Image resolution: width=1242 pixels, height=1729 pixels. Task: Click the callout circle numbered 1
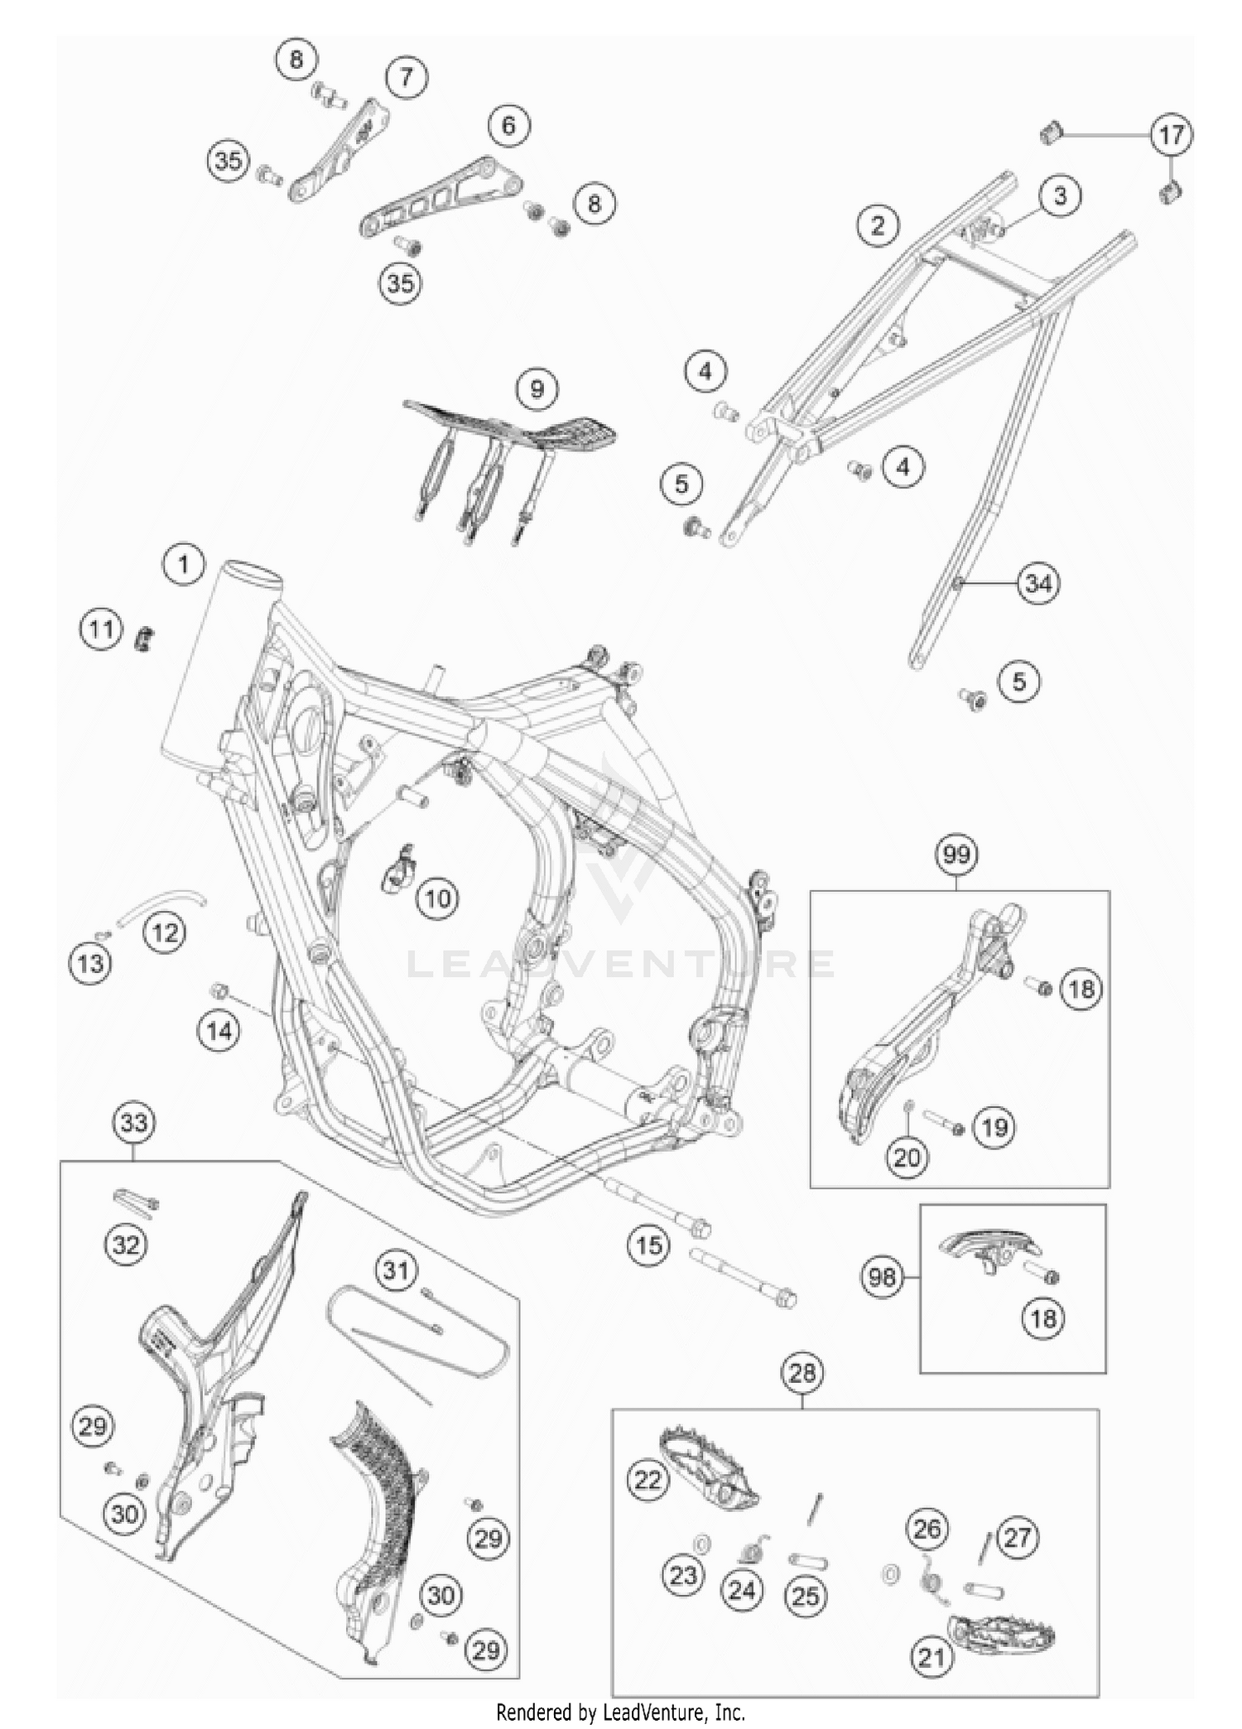point(183,565)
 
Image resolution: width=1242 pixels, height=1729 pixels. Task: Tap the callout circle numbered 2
point(878,225)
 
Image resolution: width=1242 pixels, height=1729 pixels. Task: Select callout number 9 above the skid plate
point(537,388)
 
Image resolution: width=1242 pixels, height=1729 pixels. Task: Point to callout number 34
point(1038,584)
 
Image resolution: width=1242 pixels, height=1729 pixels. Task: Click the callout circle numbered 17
point(1171,134)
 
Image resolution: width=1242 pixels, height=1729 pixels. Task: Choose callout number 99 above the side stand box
point(956,854)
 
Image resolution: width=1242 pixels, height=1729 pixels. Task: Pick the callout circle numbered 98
point(882,1278)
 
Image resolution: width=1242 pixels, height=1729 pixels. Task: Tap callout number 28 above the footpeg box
point(802,1374)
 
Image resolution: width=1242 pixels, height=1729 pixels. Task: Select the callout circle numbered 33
point(134,1123)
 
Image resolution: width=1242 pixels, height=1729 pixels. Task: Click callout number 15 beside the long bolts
point(648,1245)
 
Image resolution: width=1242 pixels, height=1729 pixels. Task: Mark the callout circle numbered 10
point(438,898)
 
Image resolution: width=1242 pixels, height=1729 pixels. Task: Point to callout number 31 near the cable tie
point(396,1269)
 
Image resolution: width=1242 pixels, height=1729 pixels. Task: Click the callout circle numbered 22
point(647,1479)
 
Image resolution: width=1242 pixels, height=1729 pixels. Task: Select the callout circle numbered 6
point(508,125)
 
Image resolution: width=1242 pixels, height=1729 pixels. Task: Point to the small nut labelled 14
point(220,990)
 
